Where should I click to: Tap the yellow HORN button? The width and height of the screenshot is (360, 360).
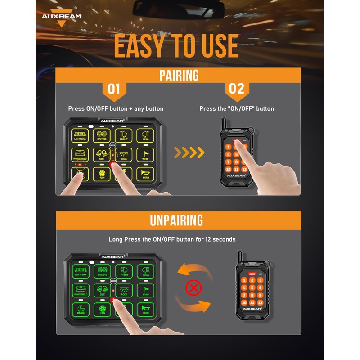[x=145, y=174]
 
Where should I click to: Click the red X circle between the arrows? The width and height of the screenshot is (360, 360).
[x=193, y=288]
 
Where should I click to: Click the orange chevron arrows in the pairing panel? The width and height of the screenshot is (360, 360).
[x=189, y=153]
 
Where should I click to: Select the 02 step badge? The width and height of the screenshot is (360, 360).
[x=237, y=89]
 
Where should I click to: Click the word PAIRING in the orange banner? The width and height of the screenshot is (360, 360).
[x=179, y=75]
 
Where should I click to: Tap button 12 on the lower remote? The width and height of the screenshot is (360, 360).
[x=260, y=302]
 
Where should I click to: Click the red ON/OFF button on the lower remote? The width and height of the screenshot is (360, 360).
[x=252, y=273]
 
